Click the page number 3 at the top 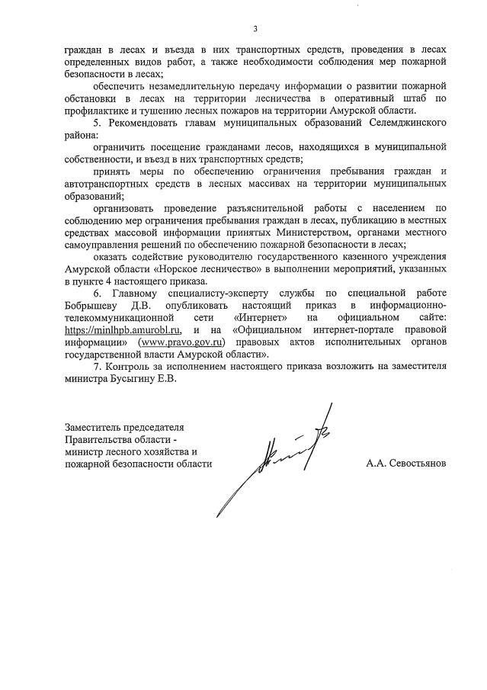coord(255,30)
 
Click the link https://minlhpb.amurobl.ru coord(122,329)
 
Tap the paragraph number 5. coord(95,123)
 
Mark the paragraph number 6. coord(95,292)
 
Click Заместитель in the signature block coord(95,426)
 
